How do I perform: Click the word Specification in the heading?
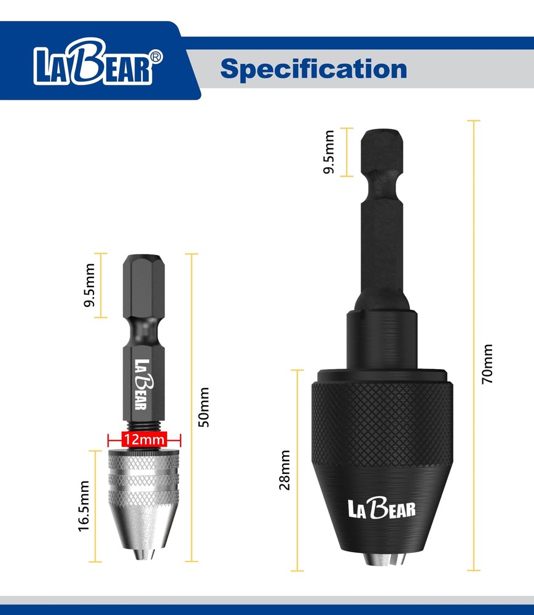pyautogui.click(x=313, y=68)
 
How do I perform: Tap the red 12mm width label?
pyautogui.click(x=144, y=440)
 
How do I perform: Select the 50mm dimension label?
pyautogui.click(x=205, y=407)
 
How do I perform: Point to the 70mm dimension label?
pyautogui.click(x=487, y=364)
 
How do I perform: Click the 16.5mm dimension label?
pyautogui.click(x=85, y=506)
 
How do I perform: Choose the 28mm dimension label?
pyautogui.click(x=285, y=470)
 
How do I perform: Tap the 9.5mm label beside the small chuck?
pyautogui.click(x=90, y=285)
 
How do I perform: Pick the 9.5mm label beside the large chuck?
pyautogui.click(x=329, y=152)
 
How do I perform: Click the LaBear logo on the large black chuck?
pyautogui.click(x=382, y=508)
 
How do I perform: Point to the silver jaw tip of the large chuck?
pyautogui.click(x=382, y=559)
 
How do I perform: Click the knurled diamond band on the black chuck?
pyautogui.click(x=382, y=418)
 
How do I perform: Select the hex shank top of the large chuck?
pyautogui.click(x=382, y=154)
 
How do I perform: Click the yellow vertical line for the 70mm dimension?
pyautogui.click(x=474, y=344)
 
